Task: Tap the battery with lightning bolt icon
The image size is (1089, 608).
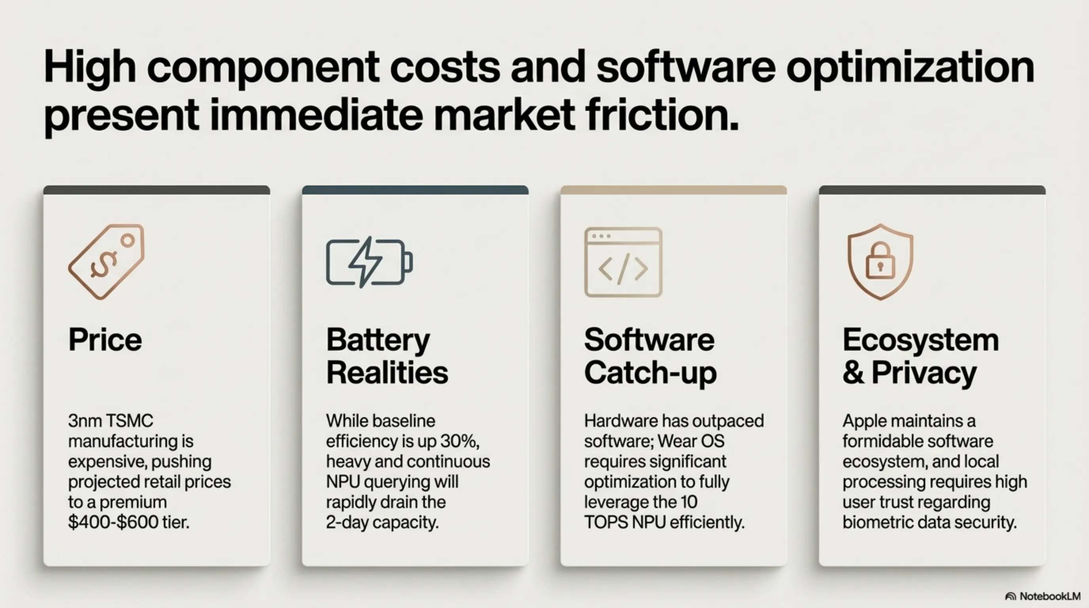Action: pos(369,262)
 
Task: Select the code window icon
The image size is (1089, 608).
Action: pos(623,262)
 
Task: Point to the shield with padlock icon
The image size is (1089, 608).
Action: pos(880,262)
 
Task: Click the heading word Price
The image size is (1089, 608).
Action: pos(105,340)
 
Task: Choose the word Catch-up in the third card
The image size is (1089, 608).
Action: pos(650,373)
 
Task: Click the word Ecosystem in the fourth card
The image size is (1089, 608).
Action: pos(920,340)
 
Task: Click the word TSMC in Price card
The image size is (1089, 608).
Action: pos(129,421)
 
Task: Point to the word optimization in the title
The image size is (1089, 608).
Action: pos(910,68)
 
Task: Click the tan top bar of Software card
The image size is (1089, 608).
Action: pos(674,190)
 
